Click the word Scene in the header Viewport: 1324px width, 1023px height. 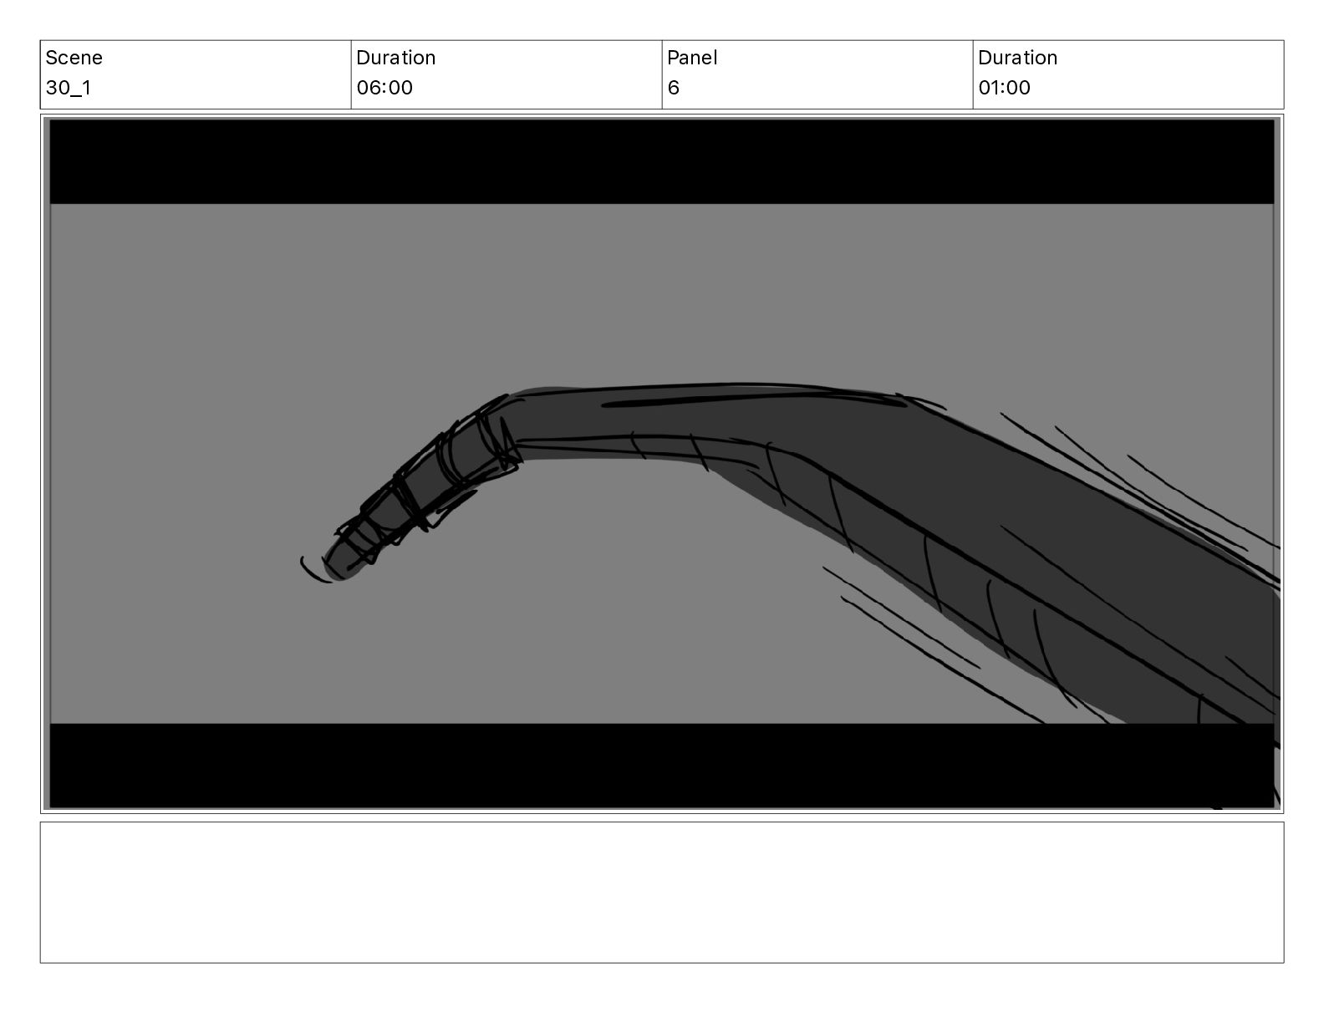(74, 58)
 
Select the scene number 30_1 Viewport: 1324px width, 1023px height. (69, 88)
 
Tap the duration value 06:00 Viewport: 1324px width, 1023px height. (384, 88)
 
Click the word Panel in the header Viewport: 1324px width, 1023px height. (692, 58)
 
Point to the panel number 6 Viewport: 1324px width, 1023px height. (673, 88)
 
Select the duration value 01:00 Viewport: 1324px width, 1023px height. (1004, 88)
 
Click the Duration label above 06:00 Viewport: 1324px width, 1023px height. (396, 58)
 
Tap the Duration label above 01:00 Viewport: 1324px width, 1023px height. (1017, 58)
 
